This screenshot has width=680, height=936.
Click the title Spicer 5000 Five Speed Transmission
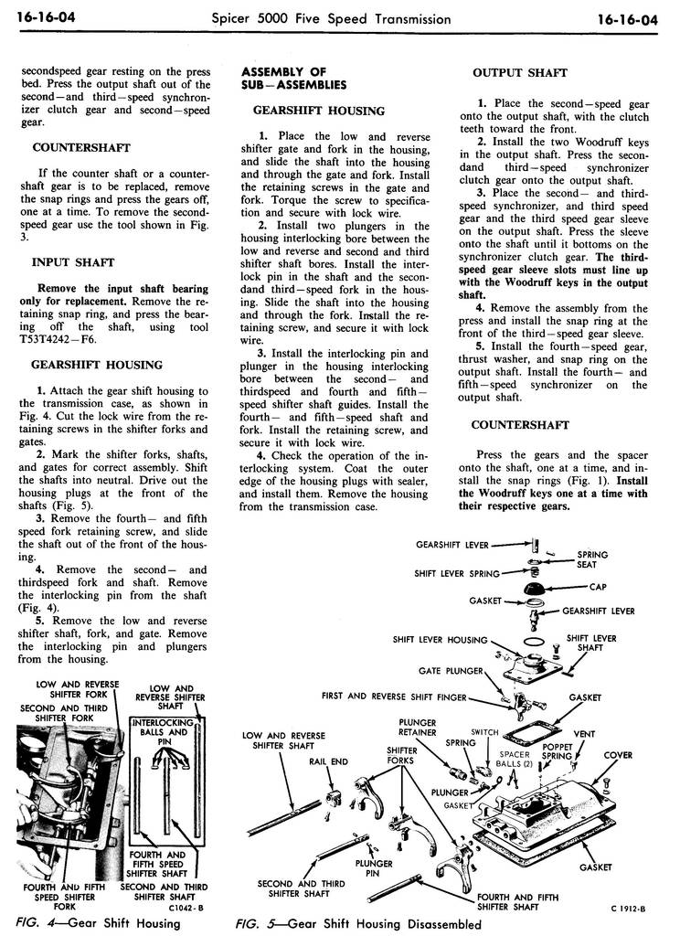tap(331, 18)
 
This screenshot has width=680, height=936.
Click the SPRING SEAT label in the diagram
tap(591, 559)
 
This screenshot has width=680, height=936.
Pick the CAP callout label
tap(599, 588)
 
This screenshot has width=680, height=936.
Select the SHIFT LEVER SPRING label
tap(456, 573)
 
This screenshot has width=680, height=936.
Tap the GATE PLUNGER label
tap(451, 670)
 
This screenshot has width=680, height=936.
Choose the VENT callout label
tap(584, 733)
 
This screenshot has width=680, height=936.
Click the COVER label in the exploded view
tap(618, 755)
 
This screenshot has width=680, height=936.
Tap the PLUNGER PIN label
tap(375, 867)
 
